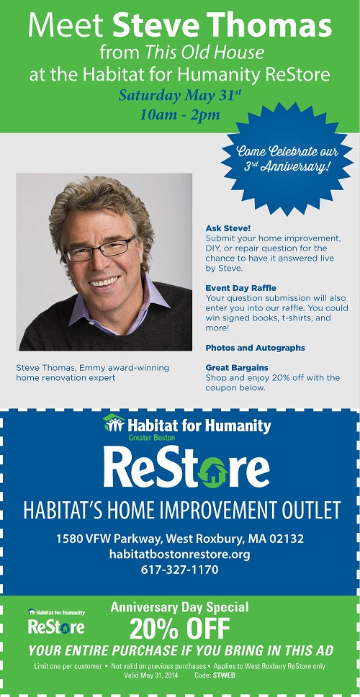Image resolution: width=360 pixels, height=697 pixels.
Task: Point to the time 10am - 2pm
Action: point(180,114)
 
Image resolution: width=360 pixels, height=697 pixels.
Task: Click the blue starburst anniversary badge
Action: point(287,158)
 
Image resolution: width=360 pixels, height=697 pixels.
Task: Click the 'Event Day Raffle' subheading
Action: point(241,288)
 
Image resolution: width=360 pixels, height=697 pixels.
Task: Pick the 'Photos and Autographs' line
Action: point(255,348)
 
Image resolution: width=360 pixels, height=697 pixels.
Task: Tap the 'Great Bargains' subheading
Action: point(236,368)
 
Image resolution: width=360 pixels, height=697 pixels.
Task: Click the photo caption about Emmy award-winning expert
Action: point(92,372)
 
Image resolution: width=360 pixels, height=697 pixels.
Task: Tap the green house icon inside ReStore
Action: point(212,472)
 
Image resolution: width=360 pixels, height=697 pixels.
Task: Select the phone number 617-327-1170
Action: point(180,570)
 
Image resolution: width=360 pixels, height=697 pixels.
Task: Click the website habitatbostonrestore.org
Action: point(179,554)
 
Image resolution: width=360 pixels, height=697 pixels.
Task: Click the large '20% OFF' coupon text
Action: point(179,629)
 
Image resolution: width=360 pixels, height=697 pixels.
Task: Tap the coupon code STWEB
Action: point(224,675)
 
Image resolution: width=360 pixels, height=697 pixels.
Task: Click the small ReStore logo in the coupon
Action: point(56,621)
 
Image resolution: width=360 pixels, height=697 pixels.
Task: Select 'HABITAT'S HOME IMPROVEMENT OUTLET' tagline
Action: point(182,511)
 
